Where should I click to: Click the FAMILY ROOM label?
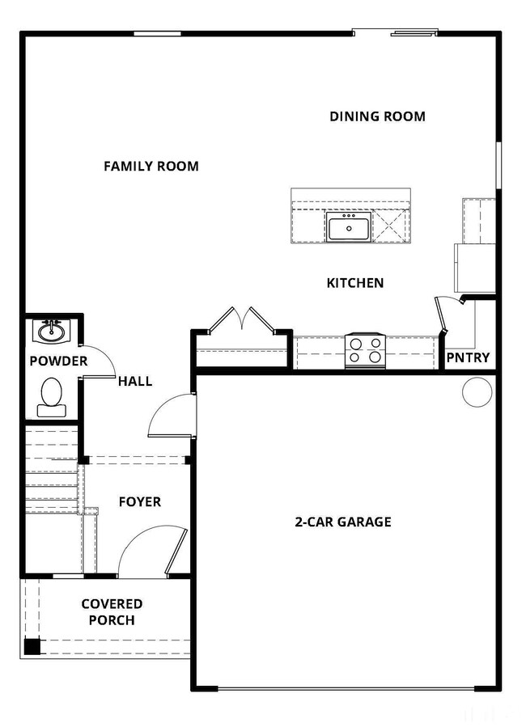tap(151, 166)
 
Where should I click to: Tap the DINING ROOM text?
tap(378, 116)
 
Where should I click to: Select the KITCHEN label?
tap(355, 283)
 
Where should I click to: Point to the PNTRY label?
tap(468, 357)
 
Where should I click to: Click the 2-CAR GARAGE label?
tap(343, 522)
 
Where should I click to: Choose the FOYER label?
tap(140, 501)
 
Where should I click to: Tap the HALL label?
tap(135, 381)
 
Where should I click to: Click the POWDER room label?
tap(58, 361)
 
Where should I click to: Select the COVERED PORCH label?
tap(112, 612)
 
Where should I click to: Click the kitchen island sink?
tap(348, 227)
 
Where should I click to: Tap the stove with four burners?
tap(366, 351)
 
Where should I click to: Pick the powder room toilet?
tap(52, 397)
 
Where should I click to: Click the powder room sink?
tap(51, 331)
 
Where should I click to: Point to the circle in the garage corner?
tap(477, 392)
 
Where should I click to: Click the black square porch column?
tap(32, 646)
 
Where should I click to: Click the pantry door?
tap(441, 315)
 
